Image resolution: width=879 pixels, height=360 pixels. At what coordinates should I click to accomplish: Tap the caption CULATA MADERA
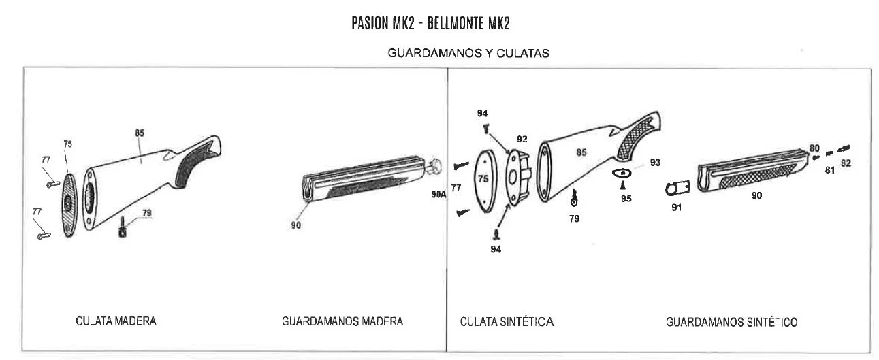115,321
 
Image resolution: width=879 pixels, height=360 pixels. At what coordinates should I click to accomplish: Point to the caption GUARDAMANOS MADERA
342,321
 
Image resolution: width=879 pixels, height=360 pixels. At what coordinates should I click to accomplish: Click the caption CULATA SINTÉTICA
507,321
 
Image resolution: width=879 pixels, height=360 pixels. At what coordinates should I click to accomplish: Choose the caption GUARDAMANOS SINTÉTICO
731,321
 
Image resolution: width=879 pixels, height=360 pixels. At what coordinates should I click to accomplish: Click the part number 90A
439,195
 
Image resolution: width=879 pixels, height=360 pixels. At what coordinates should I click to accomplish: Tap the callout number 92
522,139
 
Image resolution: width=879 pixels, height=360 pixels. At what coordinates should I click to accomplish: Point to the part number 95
626,199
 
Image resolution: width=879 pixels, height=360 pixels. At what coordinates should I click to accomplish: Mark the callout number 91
676,208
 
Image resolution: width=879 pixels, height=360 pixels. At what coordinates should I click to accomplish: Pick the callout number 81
829,170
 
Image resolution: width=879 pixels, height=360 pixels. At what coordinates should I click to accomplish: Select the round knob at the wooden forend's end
435,165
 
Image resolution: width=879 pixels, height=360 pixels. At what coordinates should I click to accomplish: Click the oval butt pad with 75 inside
483,182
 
